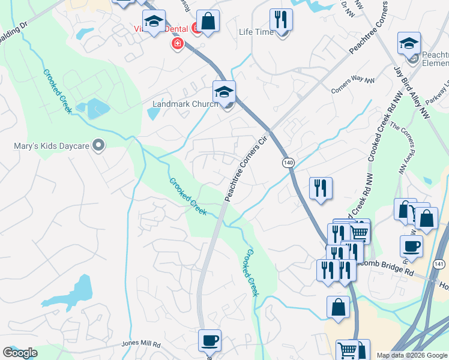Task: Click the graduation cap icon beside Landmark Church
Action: tap(224, 92)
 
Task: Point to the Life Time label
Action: tap(256, 32)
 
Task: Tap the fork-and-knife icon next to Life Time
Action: tap(281, 20)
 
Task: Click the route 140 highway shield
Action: tap(288, 163)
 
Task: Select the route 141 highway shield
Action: tap(439, 263)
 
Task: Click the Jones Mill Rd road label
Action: tap(142, 344)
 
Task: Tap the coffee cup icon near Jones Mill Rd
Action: tap(209, 341)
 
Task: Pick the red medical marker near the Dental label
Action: tap(176, 43)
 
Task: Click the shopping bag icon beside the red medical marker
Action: tap(208, 21)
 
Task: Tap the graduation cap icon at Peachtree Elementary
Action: tap(409, 43)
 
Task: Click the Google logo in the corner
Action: tap(20, 353)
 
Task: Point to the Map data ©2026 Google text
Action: tap(412, 355)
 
